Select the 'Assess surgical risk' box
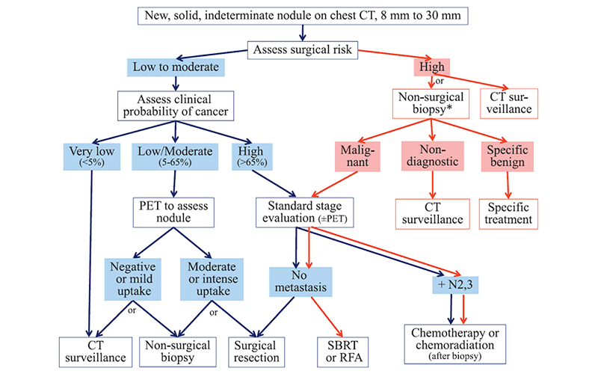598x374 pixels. tap(303, 51)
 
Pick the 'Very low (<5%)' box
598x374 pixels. tap(91, 158)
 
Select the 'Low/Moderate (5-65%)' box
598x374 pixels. tap(176, 158)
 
